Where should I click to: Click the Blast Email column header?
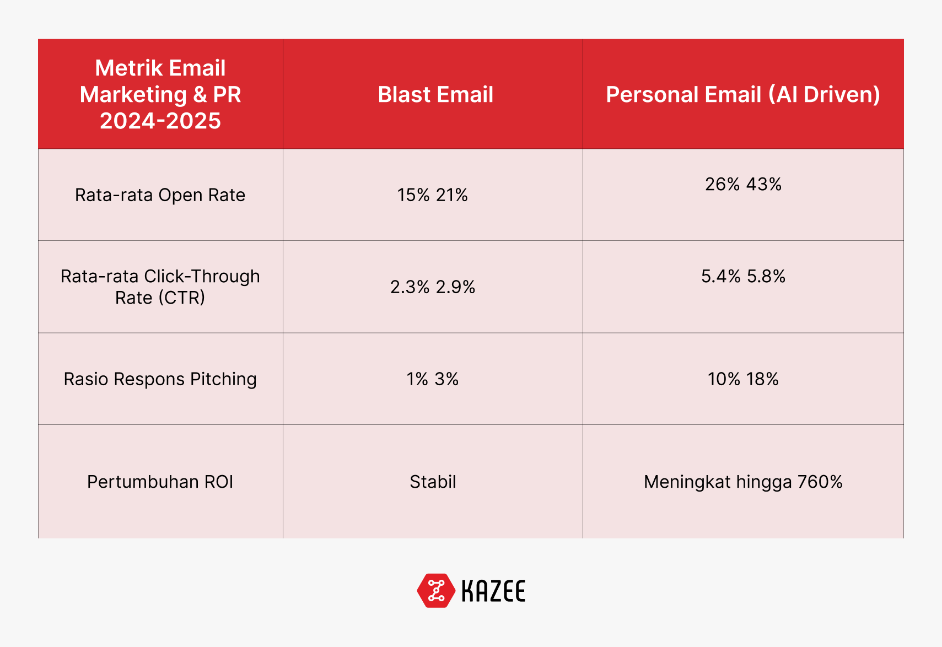coord(435,94)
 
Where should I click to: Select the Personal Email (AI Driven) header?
coord(743,94)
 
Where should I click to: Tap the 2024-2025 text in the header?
coord(160,121)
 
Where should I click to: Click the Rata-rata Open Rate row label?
coord(160,195)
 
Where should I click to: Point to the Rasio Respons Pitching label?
coord(160,379)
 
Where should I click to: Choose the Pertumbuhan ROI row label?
coord(160,482)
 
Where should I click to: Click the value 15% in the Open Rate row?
coord(413,195)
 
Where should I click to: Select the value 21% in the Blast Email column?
coord(451,195)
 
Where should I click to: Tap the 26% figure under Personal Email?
coord(722,184)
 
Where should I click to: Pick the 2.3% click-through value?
coord(410,287)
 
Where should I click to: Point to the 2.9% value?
coord(455,287)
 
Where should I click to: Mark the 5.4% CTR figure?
coord(721,276)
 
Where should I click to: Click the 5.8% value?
coord(766,276)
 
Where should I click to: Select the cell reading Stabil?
coord(433,482)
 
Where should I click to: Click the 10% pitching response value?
coord(724,379)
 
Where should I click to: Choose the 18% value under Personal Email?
coord(762,379)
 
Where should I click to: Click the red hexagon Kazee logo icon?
coord(436,591)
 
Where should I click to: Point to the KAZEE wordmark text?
coord(493,591)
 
